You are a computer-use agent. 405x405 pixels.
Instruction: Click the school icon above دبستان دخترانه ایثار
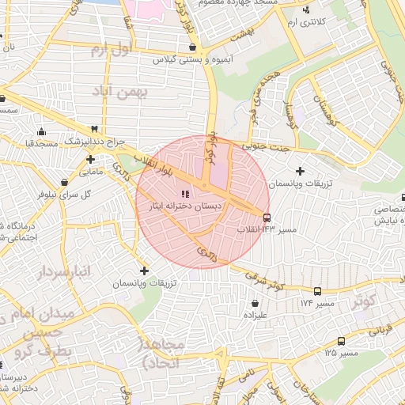point(185,194)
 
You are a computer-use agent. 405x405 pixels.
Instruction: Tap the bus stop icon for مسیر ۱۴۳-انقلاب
point(267,218)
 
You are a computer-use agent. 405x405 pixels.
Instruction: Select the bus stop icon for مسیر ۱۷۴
point(317,291)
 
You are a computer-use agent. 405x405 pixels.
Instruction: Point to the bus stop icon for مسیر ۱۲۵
point(341,341)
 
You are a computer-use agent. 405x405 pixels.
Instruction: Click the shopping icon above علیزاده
point(255,302)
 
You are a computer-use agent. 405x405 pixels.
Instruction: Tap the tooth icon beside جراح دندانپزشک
point(95,129)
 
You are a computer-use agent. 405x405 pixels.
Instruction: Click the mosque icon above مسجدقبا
point(41,132)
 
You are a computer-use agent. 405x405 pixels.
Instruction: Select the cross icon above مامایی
point(91,159)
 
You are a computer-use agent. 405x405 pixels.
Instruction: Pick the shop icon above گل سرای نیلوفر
point(65,181)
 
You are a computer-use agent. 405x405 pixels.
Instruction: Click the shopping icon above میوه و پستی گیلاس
point(193,47)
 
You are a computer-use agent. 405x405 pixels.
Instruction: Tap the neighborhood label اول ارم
point(109,51)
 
